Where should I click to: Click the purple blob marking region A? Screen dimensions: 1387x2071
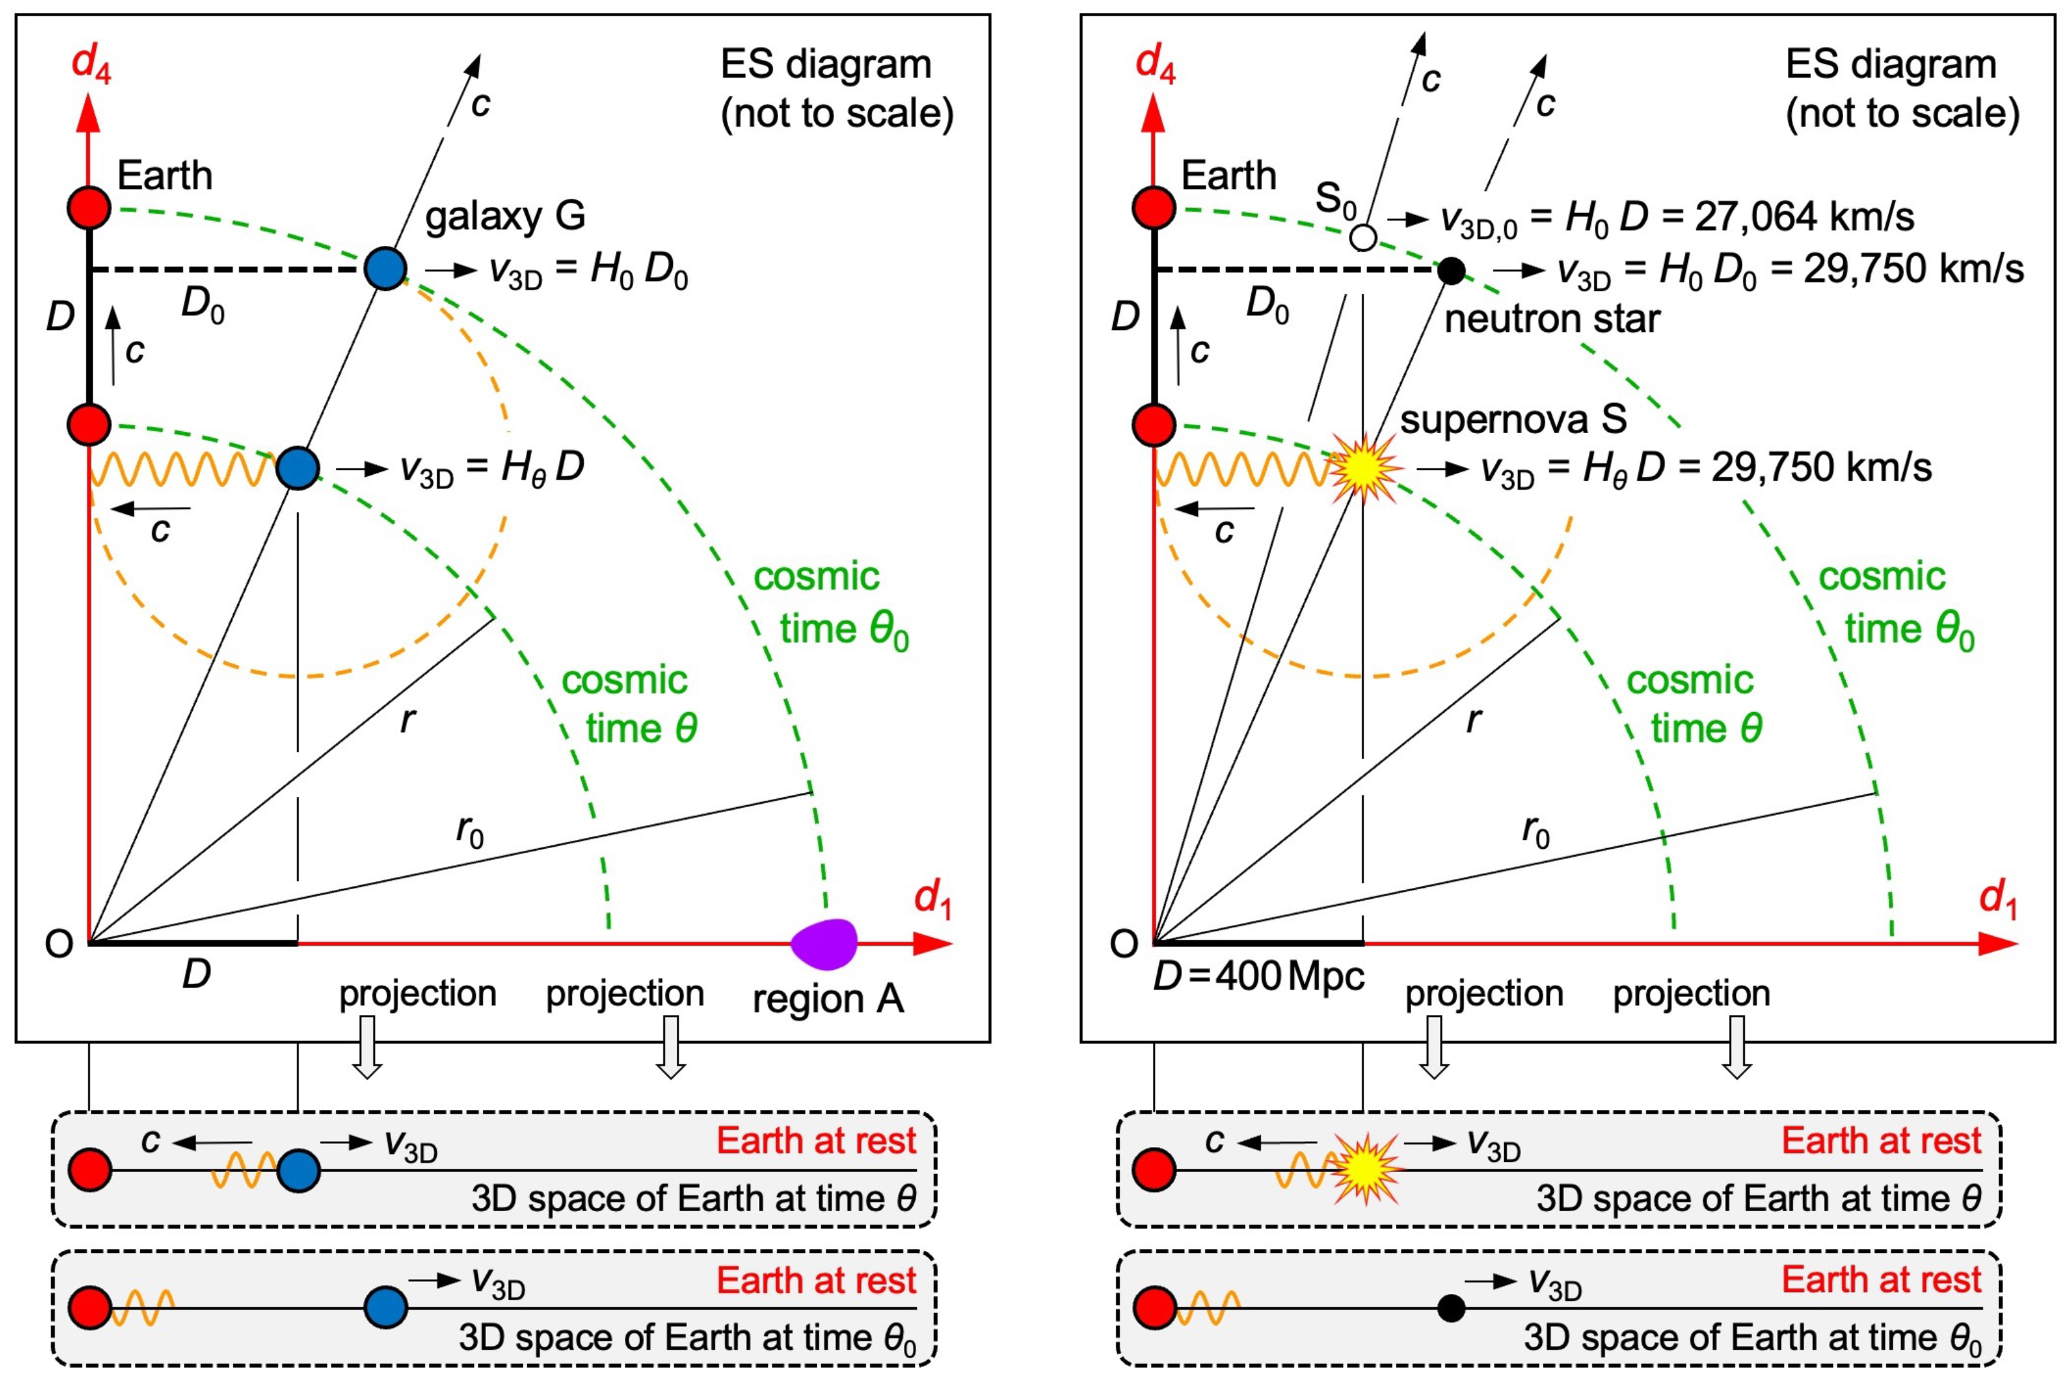pyautogui.click(x=824, y=944)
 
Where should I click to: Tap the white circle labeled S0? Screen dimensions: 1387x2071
pyautogui.click(x=1363, y=237)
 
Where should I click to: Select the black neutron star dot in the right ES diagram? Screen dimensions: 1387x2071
pyautogui.click(x=1451, y=270)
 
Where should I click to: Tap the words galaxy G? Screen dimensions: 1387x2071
pyautogui.click(x=504, y=216)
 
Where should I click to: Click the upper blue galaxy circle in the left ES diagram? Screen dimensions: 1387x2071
pyautogui.click(x=385, y=268)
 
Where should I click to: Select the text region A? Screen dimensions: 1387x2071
pyautogui.click(x=827, y=999)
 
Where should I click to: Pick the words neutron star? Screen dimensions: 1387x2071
pyautogui.click(x=1551, y=319)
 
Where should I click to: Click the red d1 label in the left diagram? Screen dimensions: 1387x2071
pyautogui.click(x=932, y=899)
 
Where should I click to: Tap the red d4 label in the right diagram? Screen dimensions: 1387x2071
pyautogui.click(x=1155, y=64)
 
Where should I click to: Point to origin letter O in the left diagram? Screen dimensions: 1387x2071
pyautogui.click(x=59, y=944)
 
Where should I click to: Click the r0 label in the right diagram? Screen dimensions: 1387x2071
pyautogui.click(x=1536, y=831)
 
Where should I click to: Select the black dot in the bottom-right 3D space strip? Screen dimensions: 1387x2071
pyautogui.click(x=1451, y=1308)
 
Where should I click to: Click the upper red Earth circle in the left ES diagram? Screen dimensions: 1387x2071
pyautogui.click(x=90, y=208)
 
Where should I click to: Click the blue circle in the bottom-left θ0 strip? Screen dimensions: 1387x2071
pyautogui.click(x=386, y=1308)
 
